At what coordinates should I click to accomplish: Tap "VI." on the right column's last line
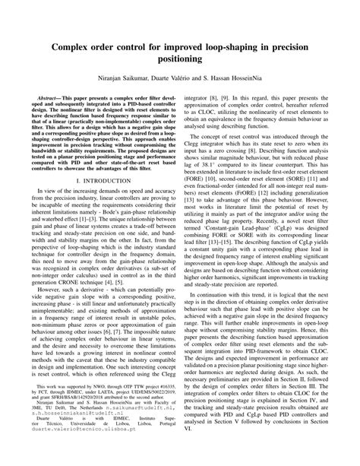(x=194, y=449)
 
